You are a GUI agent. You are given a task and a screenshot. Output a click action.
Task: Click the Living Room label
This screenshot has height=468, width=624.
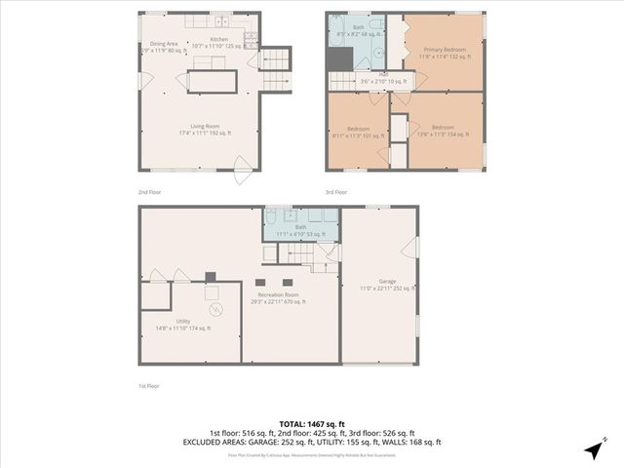(x=202, y=128)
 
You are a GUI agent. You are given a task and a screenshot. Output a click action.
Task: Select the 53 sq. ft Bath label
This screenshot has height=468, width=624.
(x=300, y=230)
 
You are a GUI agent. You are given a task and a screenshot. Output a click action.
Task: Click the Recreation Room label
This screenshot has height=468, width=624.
(x=277, y=297)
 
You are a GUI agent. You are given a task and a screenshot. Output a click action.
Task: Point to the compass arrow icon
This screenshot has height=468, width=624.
(x=594, y=449)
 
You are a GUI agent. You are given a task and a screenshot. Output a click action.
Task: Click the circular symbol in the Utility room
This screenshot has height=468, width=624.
(x=217, y=310)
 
